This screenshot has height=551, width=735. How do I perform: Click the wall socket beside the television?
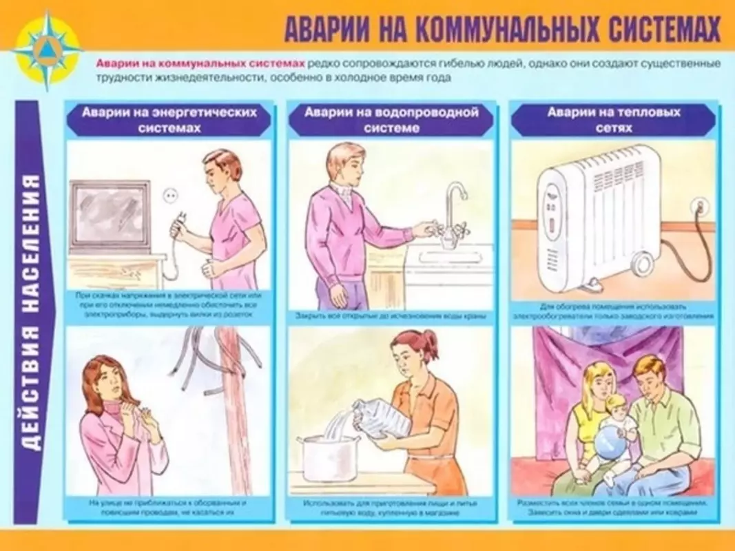coord(169,197)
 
